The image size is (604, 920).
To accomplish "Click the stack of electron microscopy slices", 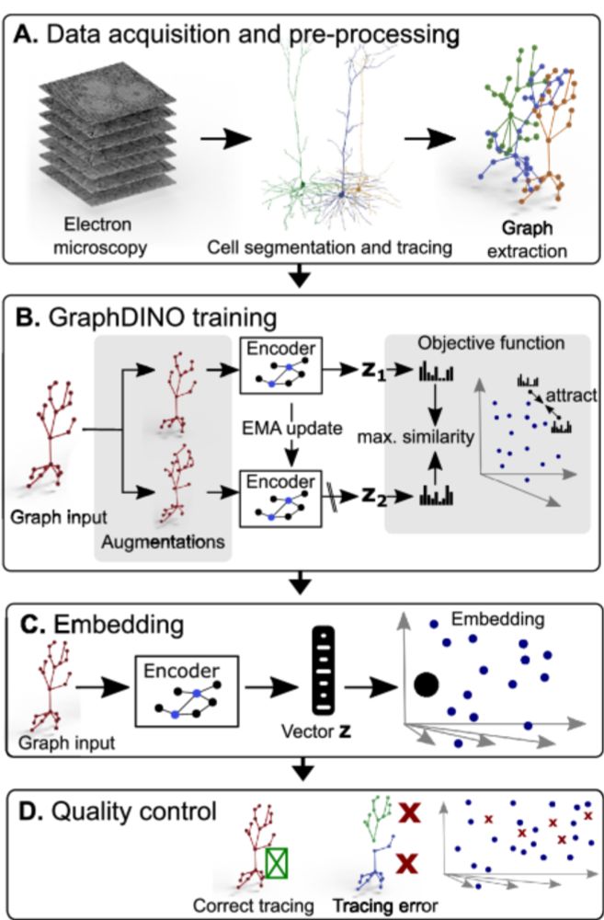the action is (108, 133).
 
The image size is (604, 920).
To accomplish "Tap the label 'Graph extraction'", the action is (527, 239).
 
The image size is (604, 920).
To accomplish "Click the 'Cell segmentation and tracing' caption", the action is (329, 247).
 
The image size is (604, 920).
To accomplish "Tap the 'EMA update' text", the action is (292, 428).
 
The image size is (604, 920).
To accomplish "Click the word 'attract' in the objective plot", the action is (571, 395).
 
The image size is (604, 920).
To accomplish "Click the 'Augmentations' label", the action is (163, 542).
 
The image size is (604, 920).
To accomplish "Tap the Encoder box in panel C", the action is (186, 691).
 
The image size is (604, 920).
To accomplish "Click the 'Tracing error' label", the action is (385, 904).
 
